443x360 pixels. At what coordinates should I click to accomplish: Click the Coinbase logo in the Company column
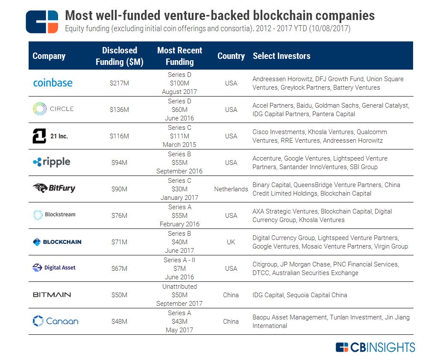point(53,83)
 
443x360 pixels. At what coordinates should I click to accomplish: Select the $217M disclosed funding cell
point(119,83)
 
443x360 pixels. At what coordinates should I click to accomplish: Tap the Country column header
point(231,56)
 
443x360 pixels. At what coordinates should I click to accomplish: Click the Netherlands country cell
point(231,189)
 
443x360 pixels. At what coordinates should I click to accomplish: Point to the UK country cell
point(231,242)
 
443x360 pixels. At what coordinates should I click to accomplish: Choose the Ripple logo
point(51,162)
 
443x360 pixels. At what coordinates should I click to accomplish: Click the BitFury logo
point(54,188)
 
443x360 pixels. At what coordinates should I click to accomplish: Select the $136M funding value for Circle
point(119,110)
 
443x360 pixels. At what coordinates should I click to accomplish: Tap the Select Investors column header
point(281,56)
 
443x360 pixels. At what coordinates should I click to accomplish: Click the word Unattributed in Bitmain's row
point(179,287)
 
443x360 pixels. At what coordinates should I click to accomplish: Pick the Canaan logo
point(56,321)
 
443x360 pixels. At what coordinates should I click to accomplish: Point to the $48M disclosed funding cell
point(119,322)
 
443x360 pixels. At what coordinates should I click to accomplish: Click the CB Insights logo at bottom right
point(375,347)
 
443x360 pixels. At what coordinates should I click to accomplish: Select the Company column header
point(49,56)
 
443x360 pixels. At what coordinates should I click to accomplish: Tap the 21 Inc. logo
point(50,136)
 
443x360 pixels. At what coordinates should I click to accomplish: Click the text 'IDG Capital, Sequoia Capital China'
point(299,295)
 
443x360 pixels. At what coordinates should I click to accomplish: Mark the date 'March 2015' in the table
point(179,145)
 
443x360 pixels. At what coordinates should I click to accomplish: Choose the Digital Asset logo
point(54,268)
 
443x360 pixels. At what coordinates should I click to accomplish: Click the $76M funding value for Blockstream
point(119,216)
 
